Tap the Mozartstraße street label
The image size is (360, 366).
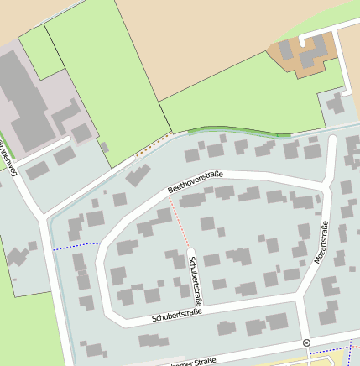pyautogui.click(x=321, y=243)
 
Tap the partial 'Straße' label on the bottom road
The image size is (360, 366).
pyautogui.click(x=192, y=362)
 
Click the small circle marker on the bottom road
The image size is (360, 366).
pyautogui.click(x=306, y=342)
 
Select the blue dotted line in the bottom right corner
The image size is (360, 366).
pyautogui.click(x=348, y=348)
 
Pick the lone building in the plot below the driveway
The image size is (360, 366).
pyautogui.click(x=337, y=104)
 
